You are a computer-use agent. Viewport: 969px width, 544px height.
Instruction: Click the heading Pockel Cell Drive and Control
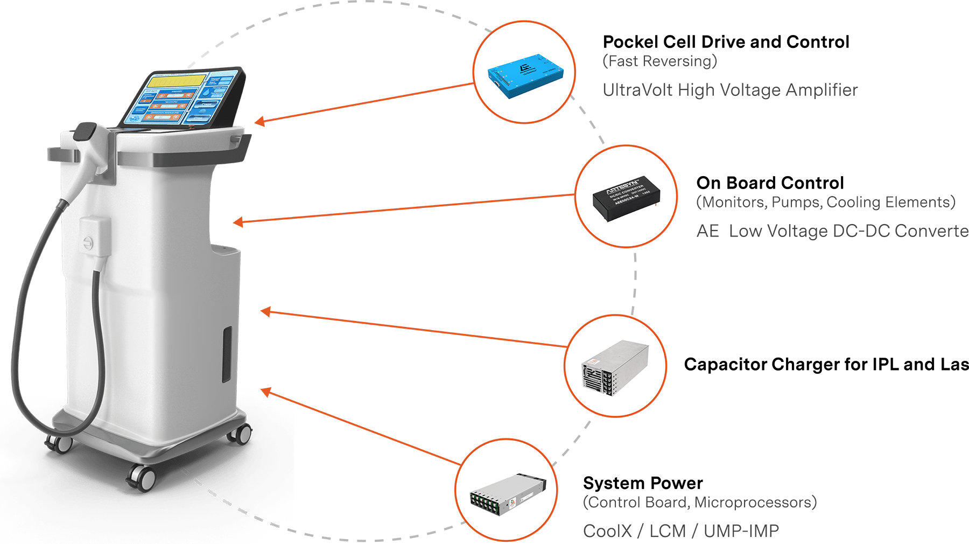tap(725, 42)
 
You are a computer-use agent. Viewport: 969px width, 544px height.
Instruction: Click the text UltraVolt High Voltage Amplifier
tap(729, 90)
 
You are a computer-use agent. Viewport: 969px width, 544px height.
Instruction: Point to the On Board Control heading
tap(770, 183)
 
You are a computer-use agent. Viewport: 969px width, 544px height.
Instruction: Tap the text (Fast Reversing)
tap(659, 61)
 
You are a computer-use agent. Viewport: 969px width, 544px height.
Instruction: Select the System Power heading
tap(643, 483)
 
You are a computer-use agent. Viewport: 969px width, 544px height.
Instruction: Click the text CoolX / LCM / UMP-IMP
tap(681, 531)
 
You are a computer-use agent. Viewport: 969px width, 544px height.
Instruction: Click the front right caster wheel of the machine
tap(242, 433)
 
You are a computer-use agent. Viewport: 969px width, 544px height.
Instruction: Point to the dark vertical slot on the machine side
tap(228, 354)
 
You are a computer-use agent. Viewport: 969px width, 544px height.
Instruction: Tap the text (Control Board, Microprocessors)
tap(699, 503)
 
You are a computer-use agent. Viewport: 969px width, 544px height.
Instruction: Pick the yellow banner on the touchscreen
tap(177, 81)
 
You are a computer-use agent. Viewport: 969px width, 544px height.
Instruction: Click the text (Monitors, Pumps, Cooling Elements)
tap(825, 203)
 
